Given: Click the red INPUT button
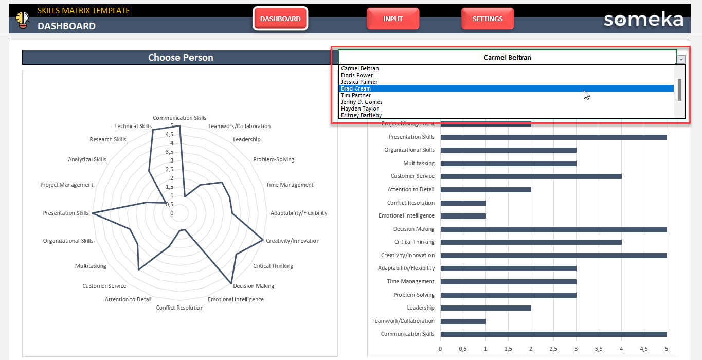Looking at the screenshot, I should coord(393,19).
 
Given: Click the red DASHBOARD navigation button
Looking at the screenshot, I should coord(280,19).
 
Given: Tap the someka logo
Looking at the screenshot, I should coord(643,20).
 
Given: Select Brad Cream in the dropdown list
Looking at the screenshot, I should coord(356,88).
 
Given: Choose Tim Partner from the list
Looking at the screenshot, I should coord(356,95).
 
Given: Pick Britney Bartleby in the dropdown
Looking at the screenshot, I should coord(361,115).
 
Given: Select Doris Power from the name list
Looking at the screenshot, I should coord(357,75).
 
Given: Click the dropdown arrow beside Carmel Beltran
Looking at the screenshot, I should coord(681,60).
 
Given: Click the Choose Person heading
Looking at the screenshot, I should coord(181,58).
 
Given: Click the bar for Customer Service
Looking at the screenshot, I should coord(531,176).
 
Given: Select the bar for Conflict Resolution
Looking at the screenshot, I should coord(463,203).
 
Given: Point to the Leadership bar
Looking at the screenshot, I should coord(485,308).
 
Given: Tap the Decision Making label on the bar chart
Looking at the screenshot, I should coord(413,229).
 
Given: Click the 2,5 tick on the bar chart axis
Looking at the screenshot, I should coord(553,349).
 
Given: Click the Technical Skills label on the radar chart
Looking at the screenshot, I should coord(133,126).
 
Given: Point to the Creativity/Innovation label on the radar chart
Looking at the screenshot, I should coord(293,241).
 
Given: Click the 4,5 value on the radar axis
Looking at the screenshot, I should coord(168,134).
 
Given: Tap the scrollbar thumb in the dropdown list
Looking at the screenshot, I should coord(679,89).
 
